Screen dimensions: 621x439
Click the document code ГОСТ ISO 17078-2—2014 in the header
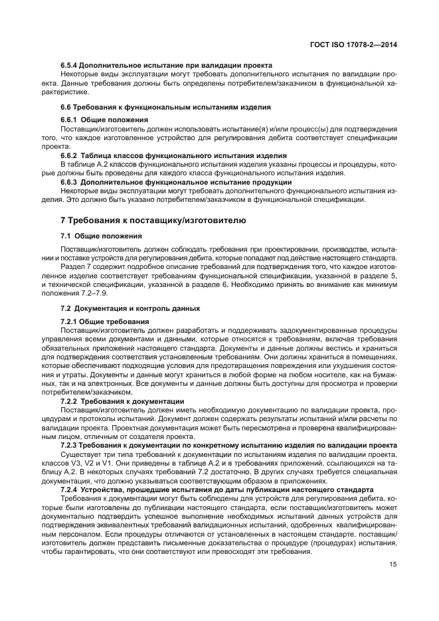[359, 45]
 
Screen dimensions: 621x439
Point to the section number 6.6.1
[69, 120]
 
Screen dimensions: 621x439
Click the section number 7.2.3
[69, 446]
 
